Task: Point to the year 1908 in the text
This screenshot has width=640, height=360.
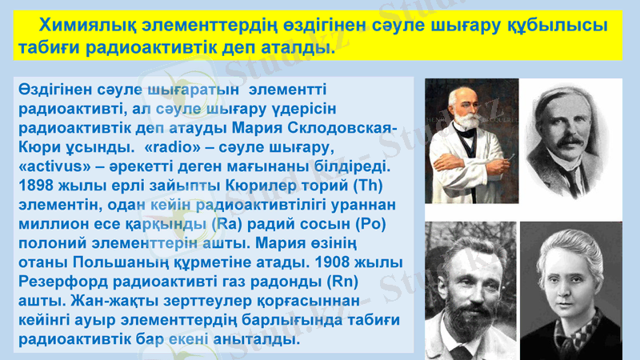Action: (335, 262)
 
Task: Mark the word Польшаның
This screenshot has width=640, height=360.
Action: (127, 262)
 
